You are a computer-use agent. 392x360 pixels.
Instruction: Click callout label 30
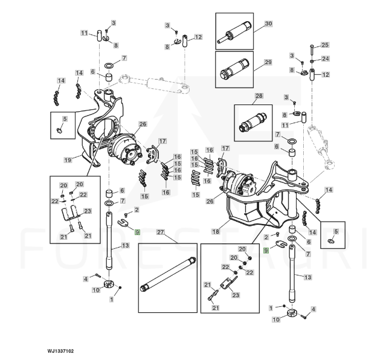pos(268,24)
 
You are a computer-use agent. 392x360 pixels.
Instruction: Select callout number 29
pos(268,62)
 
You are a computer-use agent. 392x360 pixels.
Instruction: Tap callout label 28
pos(259,96)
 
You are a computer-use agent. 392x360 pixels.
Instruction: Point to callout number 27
pos(161,232)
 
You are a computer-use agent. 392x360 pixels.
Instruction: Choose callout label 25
pos(325,45)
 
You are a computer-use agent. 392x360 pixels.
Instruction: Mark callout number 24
pos(325,59)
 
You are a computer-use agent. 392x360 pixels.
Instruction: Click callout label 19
pos(68,159)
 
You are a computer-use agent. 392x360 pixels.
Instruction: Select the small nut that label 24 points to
pos(312,60)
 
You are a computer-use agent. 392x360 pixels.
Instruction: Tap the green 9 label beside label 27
pos(137,233)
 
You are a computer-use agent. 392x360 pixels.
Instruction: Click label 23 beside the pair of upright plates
pos(87,211)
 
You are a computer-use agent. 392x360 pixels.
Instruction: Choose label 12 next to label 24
pos(326,75)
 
